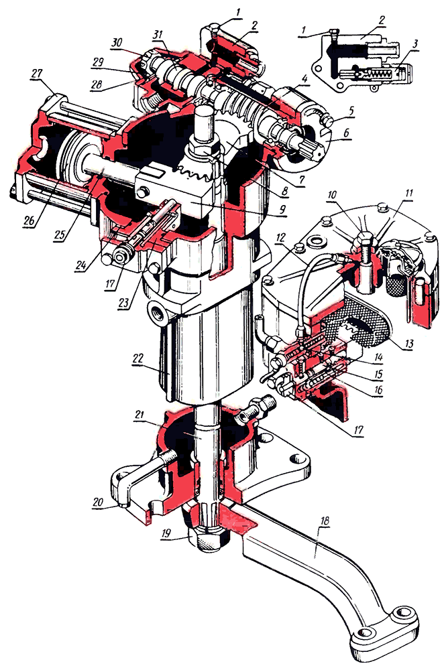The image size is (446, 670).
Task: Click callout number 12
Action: click(280, 237)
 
